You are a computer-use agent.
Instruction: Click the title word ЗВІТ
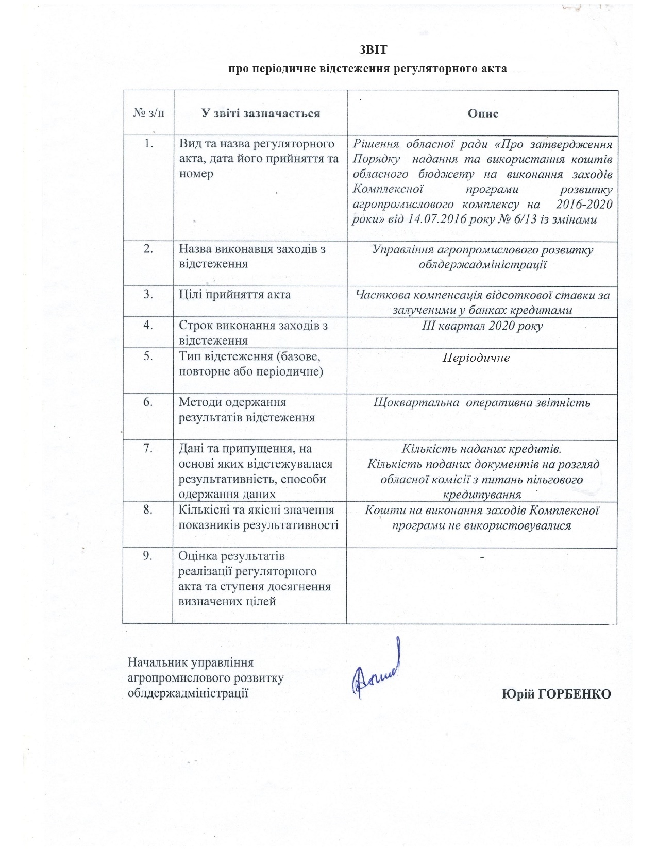pos(372,50)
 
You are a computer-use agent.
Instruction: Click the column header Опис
pos(483,113)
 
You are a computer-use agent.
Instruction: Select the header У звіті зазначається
pos(261,113)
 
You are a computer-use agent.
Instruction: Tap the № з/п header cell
pos(149,113)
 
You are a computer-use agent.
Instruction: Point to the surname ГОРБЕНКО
pos(574,694)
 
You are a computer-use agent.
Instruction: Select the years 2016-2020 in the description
pos(584,204)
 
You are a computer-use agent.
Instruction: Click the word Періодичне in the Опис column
pos(476,357)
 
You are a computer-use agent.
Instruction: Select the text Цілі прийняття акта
pos(234,295)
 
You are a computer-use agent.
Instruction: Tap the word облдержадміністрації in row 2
pos(482,265)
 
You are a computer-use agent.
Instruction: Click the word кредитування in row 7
pos(482,495)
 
